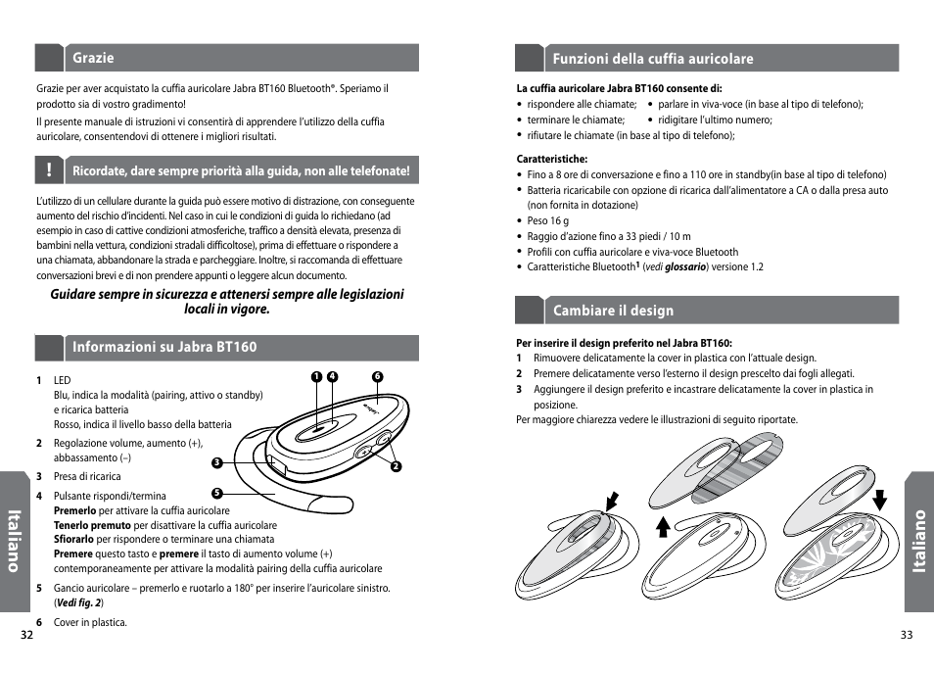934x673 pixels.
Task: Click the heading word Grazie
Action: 93,58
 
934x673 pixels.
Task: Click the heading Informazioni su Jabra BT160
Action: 164,347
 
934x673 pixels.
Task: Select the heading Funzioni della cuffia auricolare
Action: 653,59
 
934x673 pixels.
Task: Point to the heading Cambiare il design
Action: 613,311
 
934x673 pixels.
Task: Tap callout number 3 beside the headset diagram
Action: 217,462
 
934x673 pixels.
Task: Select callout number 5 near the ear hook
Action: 217,492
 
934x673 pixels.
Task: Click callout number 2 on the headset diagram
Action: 397,465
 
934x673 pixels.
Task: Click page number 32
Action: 27,635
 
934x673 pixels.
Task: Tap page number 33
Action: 906,635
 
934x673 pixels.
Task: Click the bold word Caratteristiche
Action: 551,159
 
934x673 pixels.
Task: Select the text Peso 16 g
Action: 548,221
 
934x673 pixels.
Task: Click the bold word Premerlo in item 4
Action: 74,510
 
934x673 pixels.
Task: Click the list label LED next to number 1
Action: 63,380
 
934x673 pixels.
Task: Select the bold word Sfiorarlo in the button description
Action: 74,539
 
